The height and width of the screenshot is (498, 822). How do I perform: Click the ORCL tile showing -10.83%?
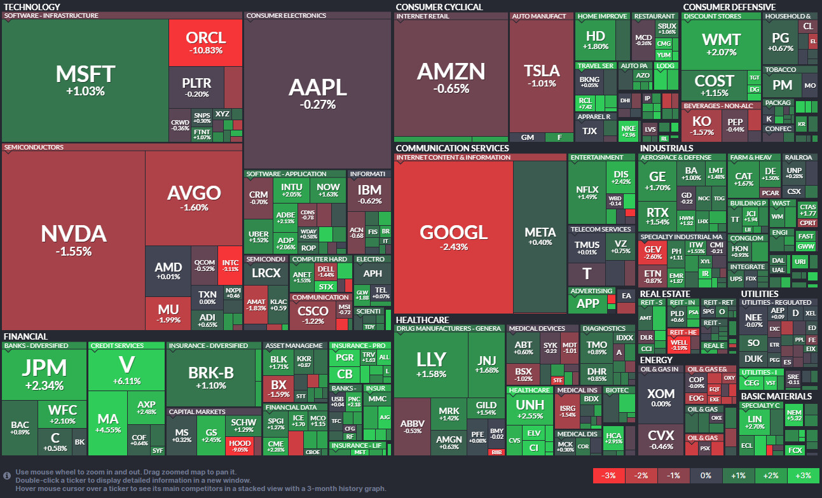[x=205, y=43]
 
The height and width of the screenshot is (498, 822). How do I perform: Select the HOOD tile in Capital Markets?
[x=240, y=445]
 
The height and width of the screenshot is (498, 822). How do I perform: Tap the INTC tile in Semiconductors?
[x=229, y=266]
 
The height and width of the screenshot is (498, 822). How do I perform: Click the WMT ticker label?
[x=720, y=39]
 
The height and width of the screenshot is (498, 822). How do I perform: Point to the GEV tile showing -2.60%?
[x=653, y=252]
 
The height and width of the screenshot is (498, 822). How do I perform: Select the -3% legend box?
[x=608, y=476]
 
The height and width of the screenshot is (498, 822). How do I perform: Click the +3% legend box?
[x=804, y=476]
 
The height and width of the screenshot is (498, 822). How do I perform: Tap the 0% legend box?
[x=706, y=476]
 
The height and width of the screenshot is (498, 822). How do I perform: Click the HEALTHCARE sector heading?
[x=422, y=320]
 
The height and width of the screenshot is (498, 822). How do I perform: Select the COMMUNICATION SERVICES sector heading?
[x=452, y=148]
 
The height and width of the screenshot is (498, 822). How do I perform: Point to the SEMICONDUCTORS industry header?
[x=34, y=147]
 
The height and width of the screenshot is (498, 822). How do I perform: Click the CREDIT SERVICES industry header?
[x=117, y=346]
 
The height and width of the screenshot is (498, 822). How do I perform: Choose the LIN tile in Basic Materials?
[x=754, y=424]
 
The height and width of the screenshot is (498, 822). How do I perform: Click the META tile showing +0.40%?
[x=540, y=236]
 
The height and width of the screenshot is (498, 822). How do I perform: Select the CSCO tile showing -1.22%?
[x=314, y=315]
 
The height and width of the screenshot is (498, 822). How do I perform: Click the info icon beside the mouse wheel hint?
[x=7, y=475]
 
